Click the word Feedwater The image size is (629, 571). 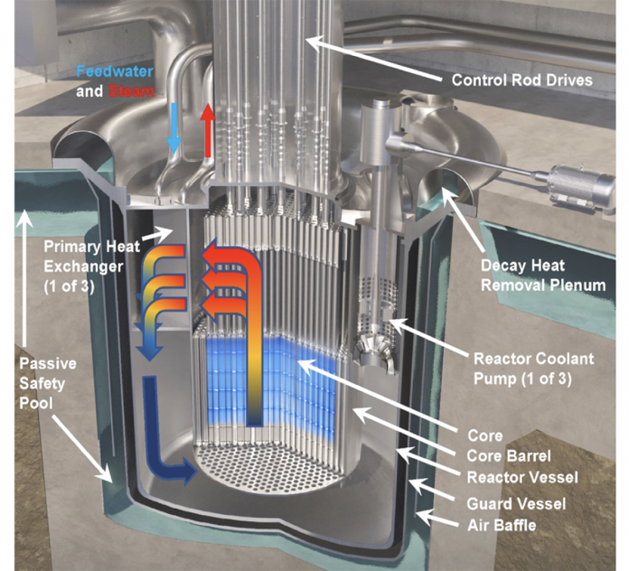tap(116, 71)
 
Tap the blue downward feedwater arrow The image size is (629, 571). tap(174, 129)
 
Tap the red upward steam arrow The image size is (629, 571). tap(208, 127)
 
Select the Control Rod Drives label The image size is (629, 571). tap(521, 80)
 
